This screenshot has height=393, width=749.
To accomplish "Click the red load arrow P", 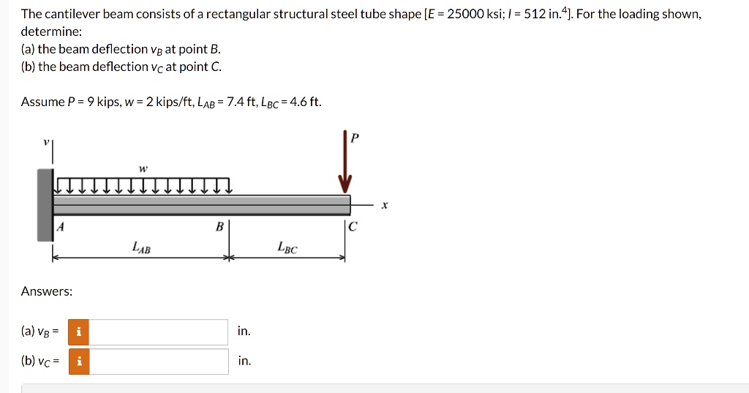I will (345, 165).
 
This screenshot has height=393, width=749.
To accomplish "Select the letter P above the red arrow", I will (355, 139).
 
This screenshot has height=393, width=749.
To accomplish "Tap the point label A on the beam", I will (61, 227).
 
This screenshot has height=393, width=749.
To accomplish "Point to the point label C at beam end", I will (353, 227).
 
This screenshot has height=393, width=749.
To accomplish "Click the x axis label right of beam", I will (385, 206).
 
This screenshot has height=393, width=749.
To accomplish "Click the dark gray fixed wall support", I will (45, 205).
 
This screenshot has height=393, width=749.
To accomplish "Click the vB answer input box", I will (158, 332).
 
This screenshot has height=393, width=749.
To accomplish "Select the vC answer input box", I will (158, 362).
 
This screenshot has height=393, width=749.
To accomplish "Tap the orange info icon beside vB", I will (78, 332).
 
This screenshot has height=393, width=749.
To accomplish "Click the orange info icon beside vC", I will (78, 362).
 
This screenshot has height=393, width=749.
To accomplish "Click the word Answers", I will (47, 291).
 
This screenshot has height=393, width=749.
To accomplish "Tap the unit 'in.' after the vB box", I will (244, 332).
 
